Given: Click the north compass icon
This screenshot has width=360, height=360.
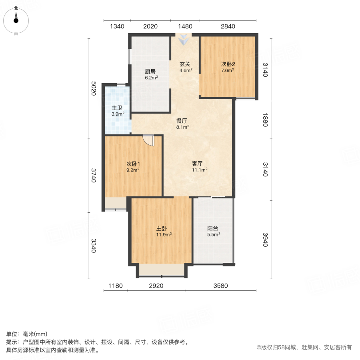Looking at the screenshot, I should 16,19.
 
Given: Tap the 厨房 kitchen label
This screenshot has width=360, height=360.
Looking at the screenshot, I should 150,72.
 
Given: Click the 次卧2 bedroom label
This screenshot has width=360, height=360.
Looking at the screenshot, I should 228,64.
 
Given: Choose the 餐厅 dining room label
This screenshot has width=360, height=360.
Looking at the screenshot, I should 182,121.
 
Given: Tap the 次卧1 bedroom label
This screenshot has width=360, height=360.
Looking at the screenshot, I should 133,164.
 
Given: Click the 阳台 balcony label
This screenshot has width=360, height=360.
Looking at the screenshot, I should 213,229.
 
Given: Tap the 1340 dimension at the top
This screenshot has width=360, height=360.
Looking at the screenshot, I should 117,26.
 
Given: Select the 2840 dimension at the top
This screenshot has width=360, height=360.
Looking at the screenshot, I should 228,26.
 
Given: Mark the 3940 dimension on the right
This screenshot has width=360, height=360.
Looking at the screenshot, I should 264,239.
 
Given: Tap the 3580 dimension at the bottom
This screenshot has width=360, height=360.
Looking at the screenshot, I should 220,286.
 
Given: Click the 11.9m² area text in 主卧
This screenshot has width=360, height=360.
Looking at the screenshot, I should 164,235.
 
